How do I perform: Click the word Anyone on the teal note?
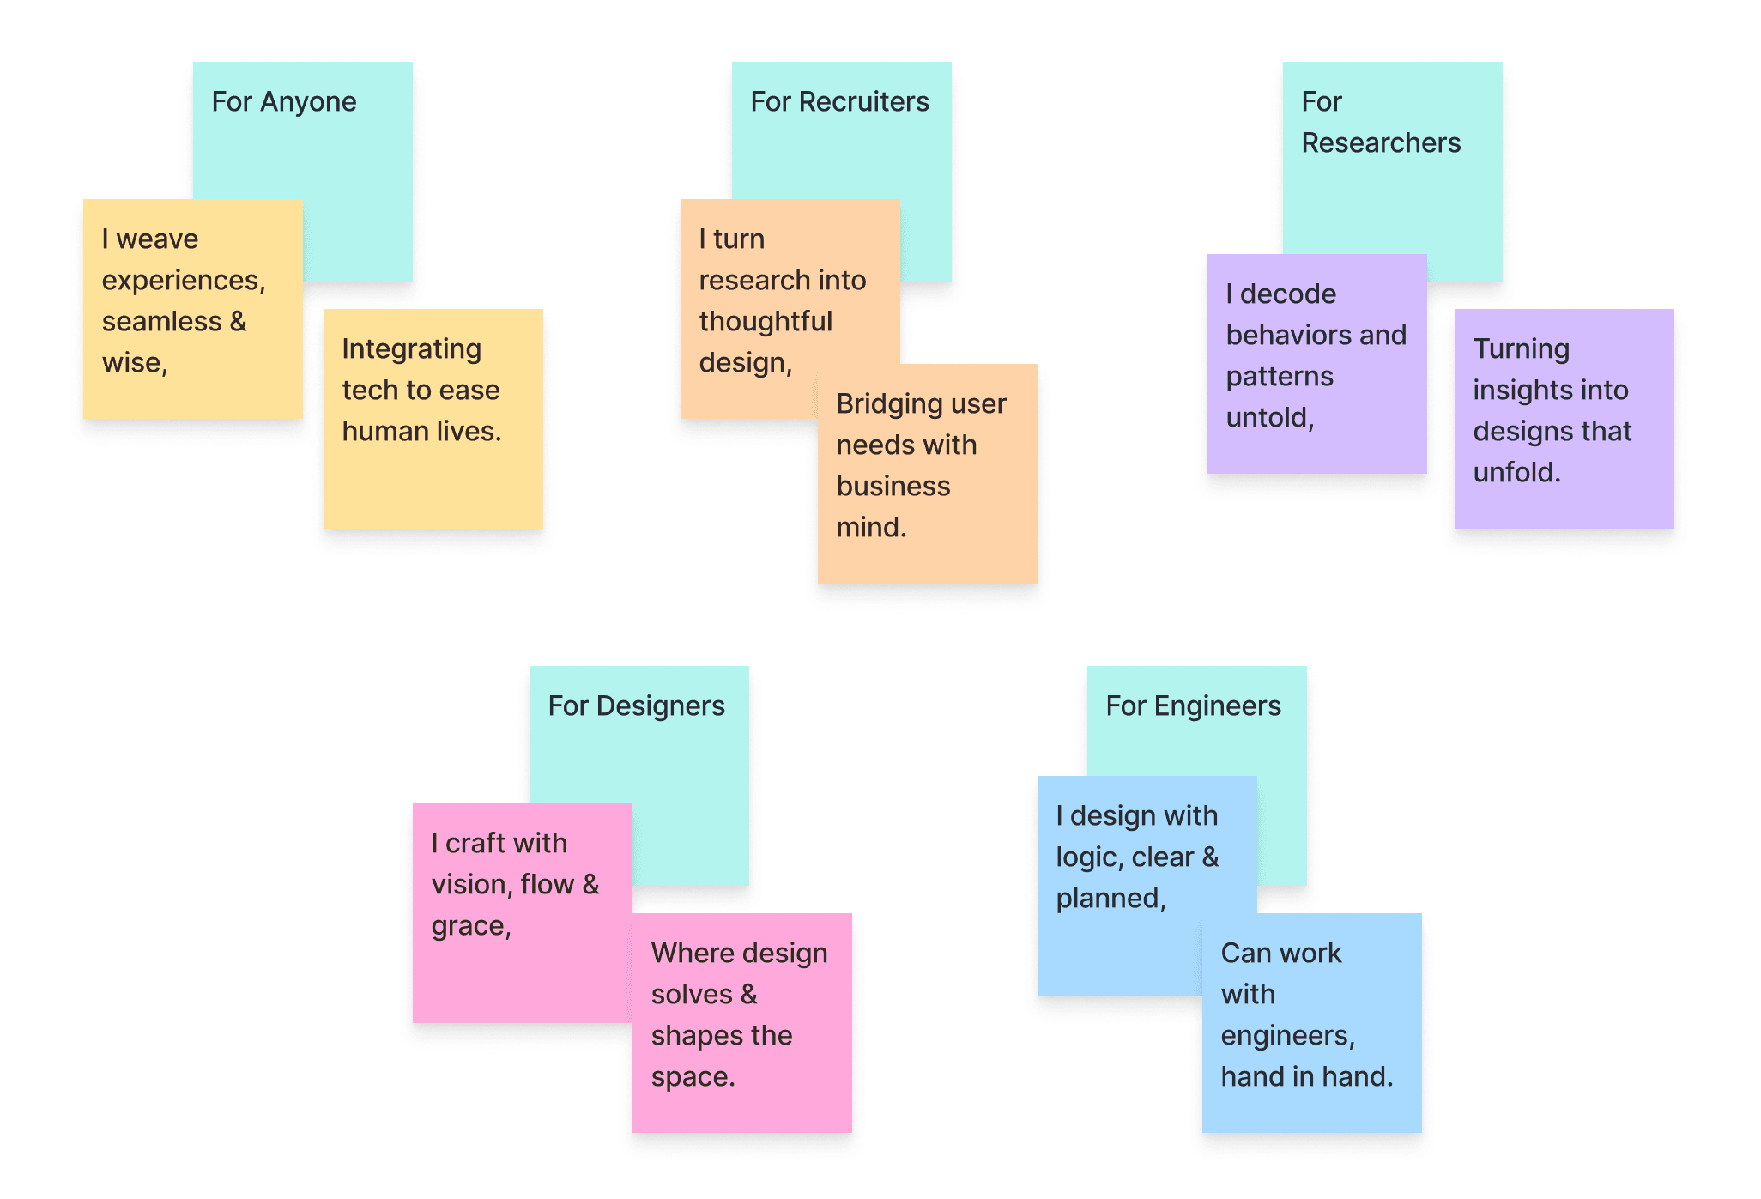[308, 102]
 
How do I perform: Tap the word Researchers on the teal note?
[1380, 143]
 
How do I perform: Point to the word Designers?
[660, 706]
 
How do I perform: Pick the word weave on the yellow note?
[157, 239]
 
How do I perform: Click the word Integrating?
[411, 349]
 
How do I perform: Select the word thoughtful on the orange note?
[766, 322]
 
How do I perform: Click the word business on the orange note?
[893, 487]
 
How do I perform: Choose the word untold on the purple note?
[1268, 418]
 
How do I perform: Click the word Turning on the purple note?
[1521, 349]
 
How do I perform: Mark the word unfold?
[1516, 473]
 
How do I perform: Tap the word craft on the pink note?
[475, 844]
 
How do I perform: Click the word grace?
[469, 926]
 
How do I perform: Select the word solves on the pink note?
[692, 995]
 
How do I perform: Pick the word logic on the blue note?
[1088, 857]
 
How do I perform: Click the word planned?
[1110, 899]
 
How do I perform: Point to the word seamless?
[161, 322]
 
